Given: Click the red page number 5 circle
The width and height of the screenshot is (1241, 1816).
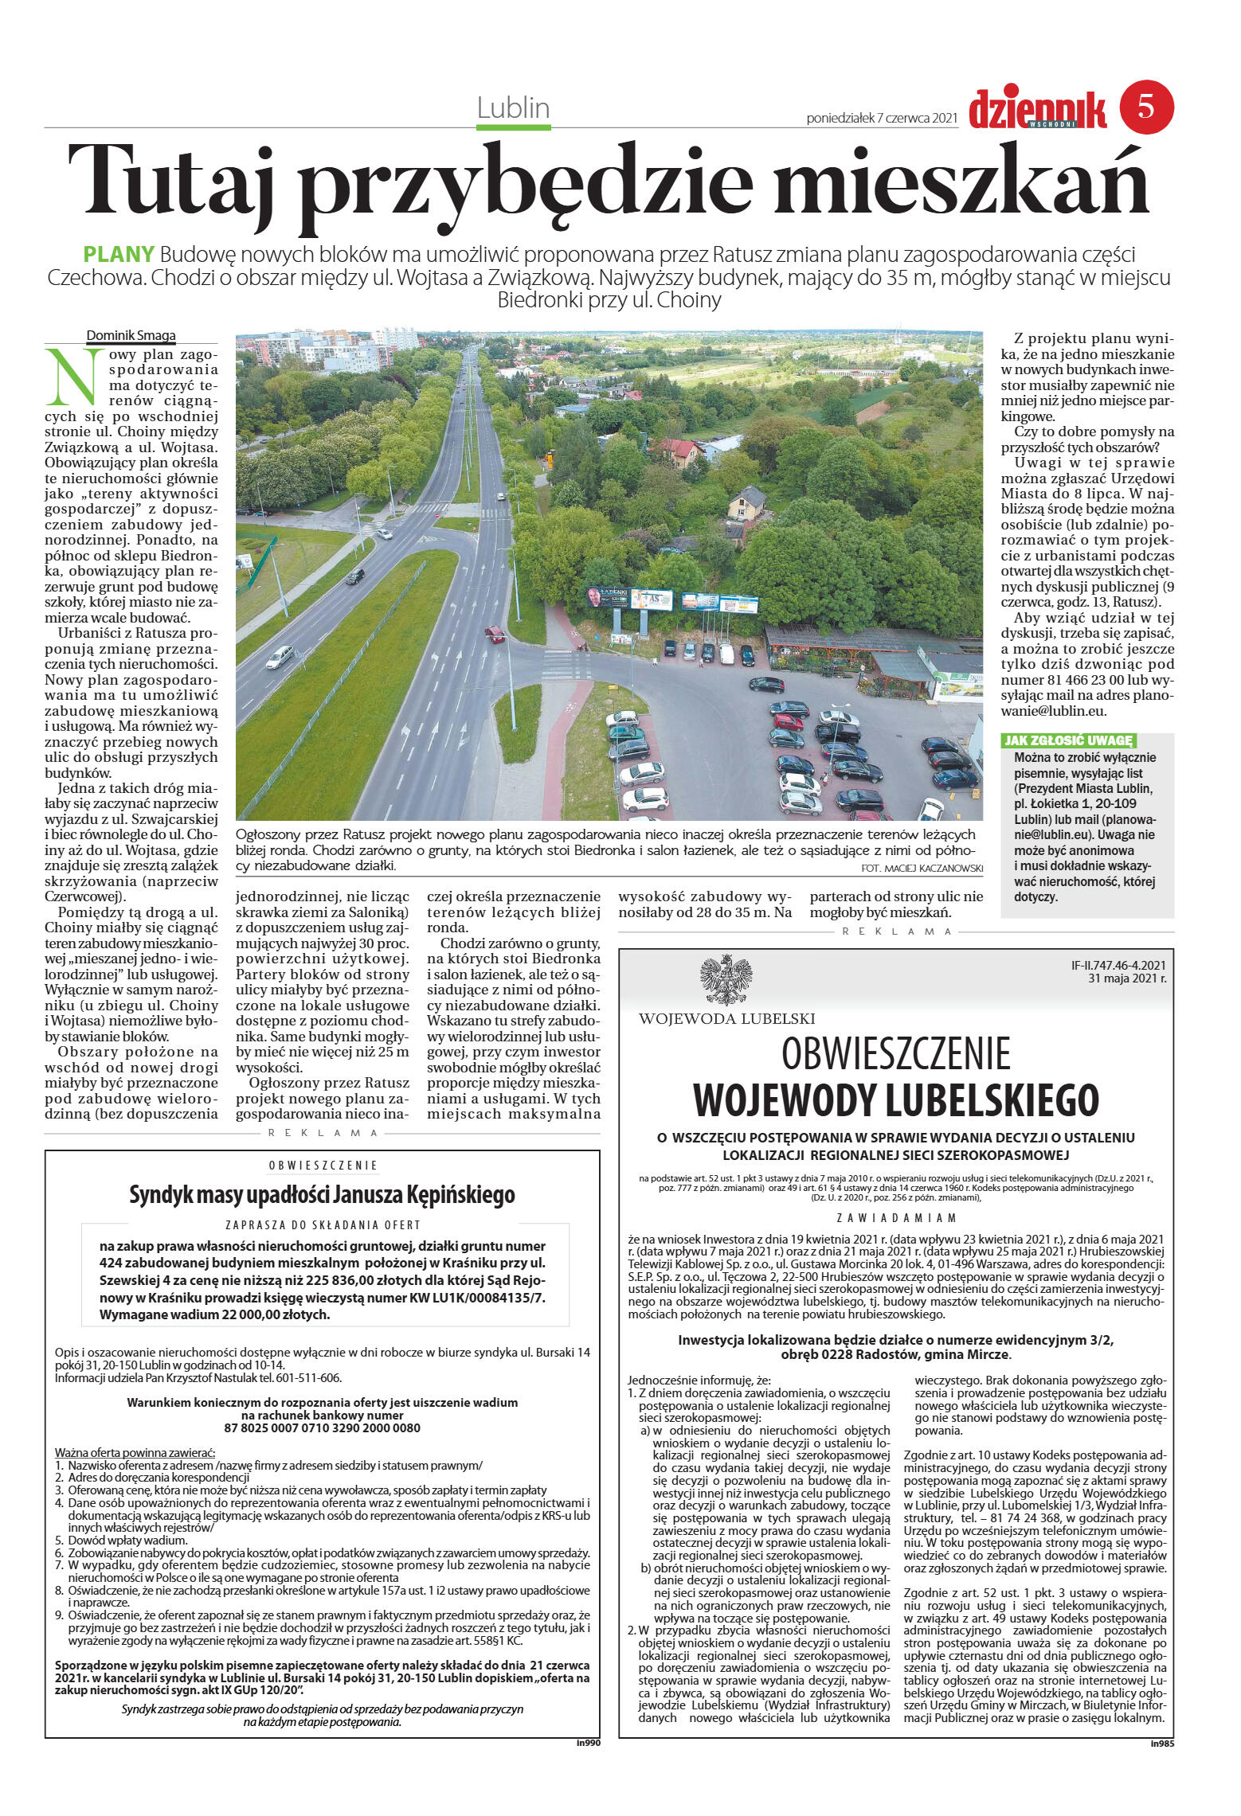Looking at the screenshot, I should (1146, 107).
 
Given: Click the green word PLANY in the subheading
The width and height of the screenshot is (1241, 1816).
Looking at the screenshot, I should (119, 255).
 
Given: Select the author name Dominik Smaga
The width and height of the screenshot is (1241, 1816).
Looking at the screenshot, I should (131, 336).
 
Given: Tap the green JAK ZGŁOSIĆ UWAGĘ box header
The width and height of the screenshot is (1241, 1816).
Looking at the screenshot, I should (1068, 740).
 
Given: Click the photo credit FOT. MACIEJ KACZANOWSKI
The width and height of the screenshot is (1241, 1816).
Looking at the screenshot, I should (922, 868).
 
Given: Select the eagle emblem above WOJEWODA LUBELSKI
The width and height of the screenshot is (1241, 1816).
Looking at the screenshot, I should (726, 980).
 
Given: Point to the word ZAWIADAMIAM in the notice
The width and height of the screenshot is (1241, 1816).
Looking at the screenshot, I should (896, 1217).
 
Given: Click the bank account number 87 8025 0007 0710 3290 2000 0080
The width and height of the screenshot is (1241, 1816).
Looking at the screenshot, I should (322, 1427).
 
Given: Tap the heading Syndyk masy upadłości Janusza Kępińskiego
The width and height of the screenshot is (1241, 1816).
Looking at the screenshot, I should (322, 1195).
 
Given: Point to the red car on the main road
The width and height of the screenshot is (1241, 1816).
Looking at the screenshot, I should (495, 634).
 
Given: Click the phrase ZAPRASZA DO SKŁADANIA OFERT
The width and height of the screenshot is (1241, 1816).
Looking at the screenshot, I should (322, 1225).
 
